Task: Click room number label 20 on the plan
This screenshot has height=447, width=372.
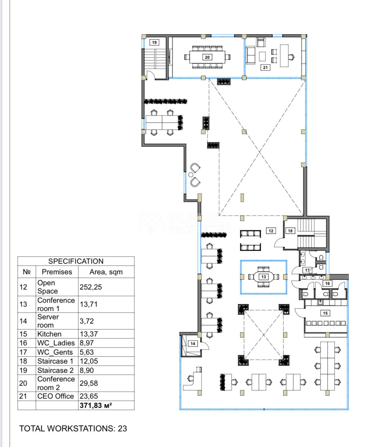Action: point(207,57)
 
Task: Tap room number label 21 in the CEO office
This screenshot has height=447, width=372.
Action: point(265,67)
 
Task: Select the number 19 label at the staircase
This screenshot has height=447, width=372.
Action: point(154,42)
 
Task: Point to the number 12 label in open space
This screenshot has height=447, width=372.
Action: point(271,231)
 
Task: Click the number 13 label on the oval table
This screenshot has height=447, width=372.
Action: point(264,277)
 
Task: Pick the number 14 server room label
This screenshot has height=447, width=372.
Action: point(193,344)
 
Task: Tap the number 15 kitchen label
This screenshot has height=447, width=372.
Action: point(325,313)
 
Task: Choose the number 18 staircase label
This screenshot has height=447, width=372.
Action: point(290,231)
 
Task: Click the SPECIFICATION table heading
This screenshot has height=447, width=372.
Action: point(76,261)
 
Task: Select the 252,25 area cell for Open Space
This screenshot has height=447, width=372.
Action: point(91,287)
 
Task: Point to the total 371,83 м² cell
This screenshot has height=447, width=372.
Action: point(96,405)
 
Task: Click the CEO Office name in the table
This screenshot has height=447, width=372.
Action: point(56,396)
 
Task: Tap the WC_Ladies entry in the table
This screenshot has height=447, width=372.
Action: point(56,343)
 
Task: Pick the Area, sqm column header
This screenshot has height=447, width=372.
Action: point(106,272)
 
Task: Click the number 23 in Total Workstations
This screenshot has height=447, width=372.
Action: point(122,428)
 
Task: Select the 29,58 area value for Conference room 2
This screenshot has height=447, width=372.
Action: point(89,383)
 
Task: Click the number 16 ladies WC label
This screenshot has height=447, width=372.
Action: point(327,283)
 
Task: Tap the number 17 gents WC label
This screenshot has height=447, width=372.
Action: point(307,270)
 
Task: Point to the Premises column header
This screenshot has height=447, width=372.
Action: point(57,272)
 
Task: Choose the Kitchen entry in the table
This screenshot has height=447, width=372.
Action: point(49,334)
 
